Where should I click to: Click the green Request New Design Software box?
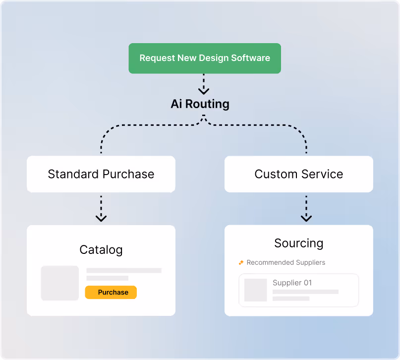click(205, 58)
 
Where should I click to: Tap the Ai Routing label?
click(200, 104)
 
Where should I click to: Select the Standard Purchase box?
click(101, 174)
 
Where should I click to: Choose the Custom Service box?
click(299, 174)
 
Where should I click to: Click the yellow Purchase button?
click(111, 292)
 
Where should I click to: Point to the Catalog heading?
click(101, 249)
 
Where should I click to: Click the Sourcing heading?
click(299, 243)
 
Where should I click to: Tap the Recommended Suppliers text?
click(286, 262)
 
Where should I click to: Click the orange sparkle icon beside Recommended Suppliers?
click(241, 262)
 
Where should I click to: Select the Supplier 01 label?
click(292, 283)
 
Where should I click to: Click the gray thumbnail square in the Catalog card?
click(60, 283)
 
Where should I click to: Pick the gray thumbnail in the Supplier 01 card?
click(256, 290)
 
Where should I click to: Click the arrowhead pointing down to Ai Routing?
click(204, 91)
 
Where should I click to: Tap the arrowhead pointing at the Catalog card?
click(101, 218)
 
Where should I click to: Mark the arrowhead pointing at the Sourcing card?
click(306, 218)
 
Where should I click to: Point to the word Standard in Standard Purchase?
click(73, 174)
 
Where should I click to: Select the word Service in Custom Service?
click(322, 174)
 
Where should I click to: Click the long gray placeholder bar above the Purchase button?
click(124, 270)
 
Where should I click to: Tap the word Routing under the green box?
click(207, 104)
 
